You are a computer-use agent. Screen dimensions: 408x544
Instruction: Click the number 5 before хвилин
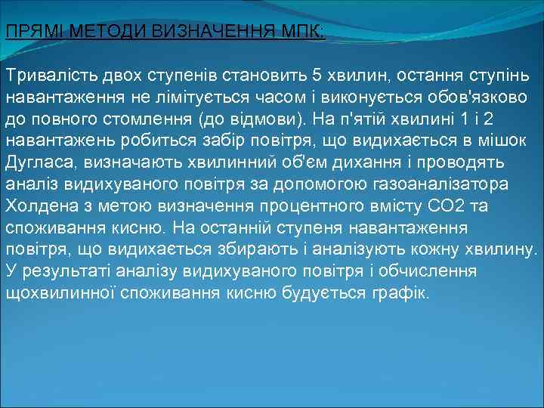click(317, 76)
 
